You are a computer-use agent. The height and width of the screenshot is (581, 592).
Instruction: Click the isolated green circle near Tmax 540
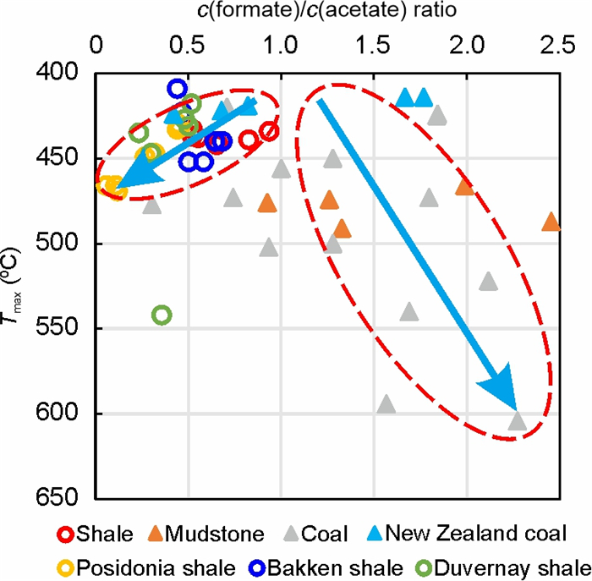pyautogui.click(x=162, y=315)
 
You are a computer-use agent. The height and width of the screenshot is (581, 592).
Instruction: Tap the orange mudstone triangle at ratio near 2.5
pyautogui.click(x=551, y=222)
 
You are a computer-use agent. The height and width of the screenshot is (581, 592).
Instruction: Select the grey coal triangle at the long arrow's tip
pyautogui.click(x=518, y=421)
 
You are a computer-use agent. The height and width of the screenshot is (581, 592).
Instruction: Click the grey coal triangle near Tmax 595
pyautogui.click(x=386, y=404)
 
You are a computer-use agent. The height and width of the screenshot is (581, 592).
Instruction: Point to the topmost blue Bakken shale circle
pyautogui.click(x=177, y=88)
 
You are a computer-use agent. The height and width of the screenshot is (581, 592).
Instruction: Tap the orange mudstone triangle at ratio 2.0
pyautogui.click(x=464, y=187)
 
